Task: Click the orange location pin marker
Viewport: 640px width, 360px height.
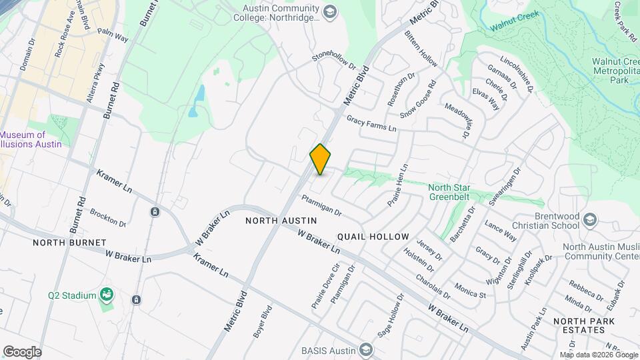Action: (320, 159)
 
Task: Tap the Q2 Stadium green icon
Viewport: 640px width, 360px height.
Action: (105, 294)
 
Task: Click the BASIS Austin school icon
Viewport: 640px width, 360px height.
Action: (365, 349)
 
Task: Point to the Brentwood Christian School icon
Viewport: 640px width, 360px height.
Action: (589, 220)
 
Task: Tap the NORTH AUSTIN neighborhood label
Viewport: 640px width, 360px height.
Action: (280, 220)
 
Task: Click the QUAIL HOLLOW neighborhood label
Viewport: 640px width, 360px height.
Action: (373, 237)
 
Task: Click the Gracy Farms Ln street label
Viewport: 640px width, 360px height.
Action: (371, 123)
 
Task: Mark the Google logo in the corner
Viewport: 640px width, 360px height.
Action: (22, 351)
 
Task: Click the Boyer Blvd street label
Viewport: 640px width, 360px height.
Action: (263, 322)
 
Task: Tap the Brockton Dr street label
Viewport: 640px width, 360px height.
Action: (108, 217)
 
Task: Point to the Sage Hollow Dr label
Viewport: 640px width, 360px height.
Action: (391, 315)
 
